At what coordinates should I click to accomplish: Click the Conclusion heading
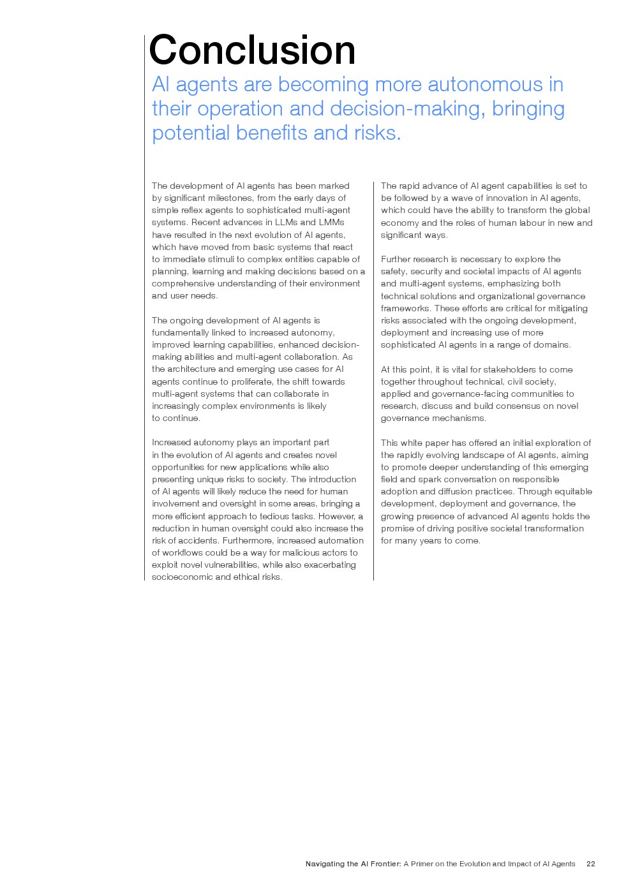pos(252,50)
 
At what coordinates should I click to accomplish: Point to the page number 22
pos(590,864)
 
